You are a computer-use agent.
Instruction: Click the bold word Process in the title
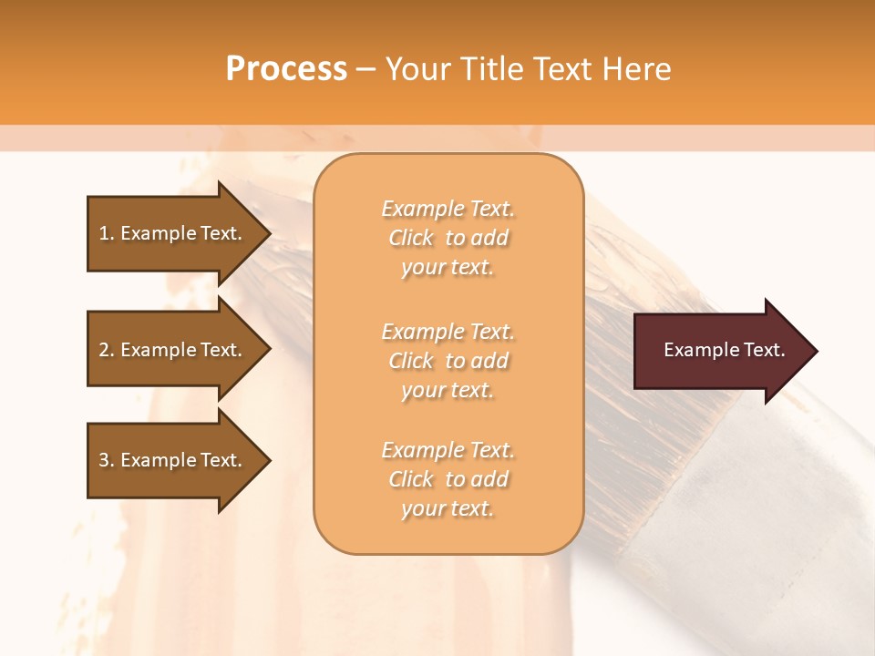[286, 69]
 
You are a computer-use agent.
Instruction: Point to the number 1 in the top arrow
[104, 233]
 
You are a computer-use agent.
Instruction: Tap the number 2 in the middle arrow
[104, 350]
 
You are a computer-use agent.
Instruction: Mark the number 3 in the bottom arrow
[104, 460]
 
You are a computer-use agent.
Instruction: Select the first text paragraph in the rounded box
[448, 238]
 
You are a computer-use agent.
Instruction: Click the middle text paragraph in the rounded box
[448, 360]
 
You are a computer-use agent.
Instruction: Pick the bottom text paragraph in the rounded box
[448, 479]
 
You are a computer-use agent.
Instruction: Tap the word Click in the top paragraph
[411, 238]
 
